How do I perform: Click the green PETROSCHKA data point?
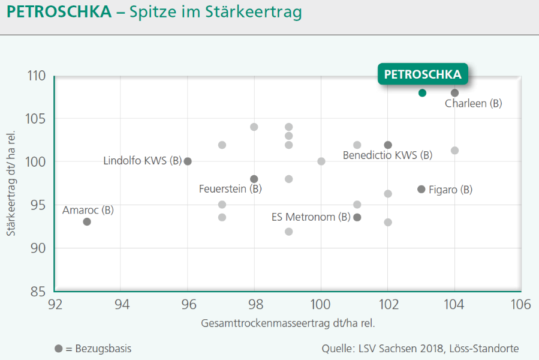click(422, 93)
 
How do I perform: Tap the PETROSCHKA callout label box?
click(423, 74)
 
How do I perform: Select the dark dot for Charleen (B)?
click(454, 93)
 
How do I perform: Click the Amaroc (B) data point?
click(87, 221)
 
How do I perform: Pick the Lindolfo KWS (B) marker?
click(188, 161)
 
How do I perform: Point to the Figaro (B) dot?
click(421, 189)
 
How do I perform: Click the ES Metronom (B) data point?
click(357, 217)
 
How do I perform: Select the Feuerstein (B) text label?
click(230, 189)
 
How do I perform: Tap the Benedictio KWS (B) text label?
click(387, 155)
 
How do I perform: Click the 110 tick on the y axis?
click(37, 76)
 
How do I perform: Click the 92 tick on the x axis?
click(55, 305)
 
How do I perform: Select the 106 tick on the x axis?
click(521, 305)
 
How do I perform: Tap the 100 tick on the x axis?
click(321, 305)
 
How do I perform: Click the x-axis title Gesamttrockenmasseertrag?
click(288, 323)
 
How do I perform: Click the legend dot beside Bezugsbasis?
click(58, 349)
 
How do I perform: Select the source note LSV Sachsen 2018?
click(420, 349)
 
